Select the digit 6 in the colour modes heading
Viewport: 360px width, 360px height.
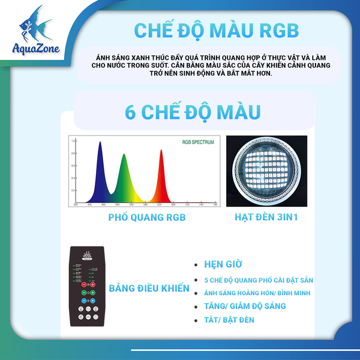[130, 111]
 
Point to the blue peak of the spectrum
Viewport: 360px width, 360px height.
[100, 144]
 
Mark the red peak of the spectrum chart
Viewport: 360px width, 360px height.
[161, 152]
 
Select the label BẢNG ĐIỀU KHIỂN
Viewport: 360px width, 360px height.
[149, 289]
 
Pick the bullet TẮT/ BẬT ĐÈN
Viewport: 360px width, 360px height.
[229, 320]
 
